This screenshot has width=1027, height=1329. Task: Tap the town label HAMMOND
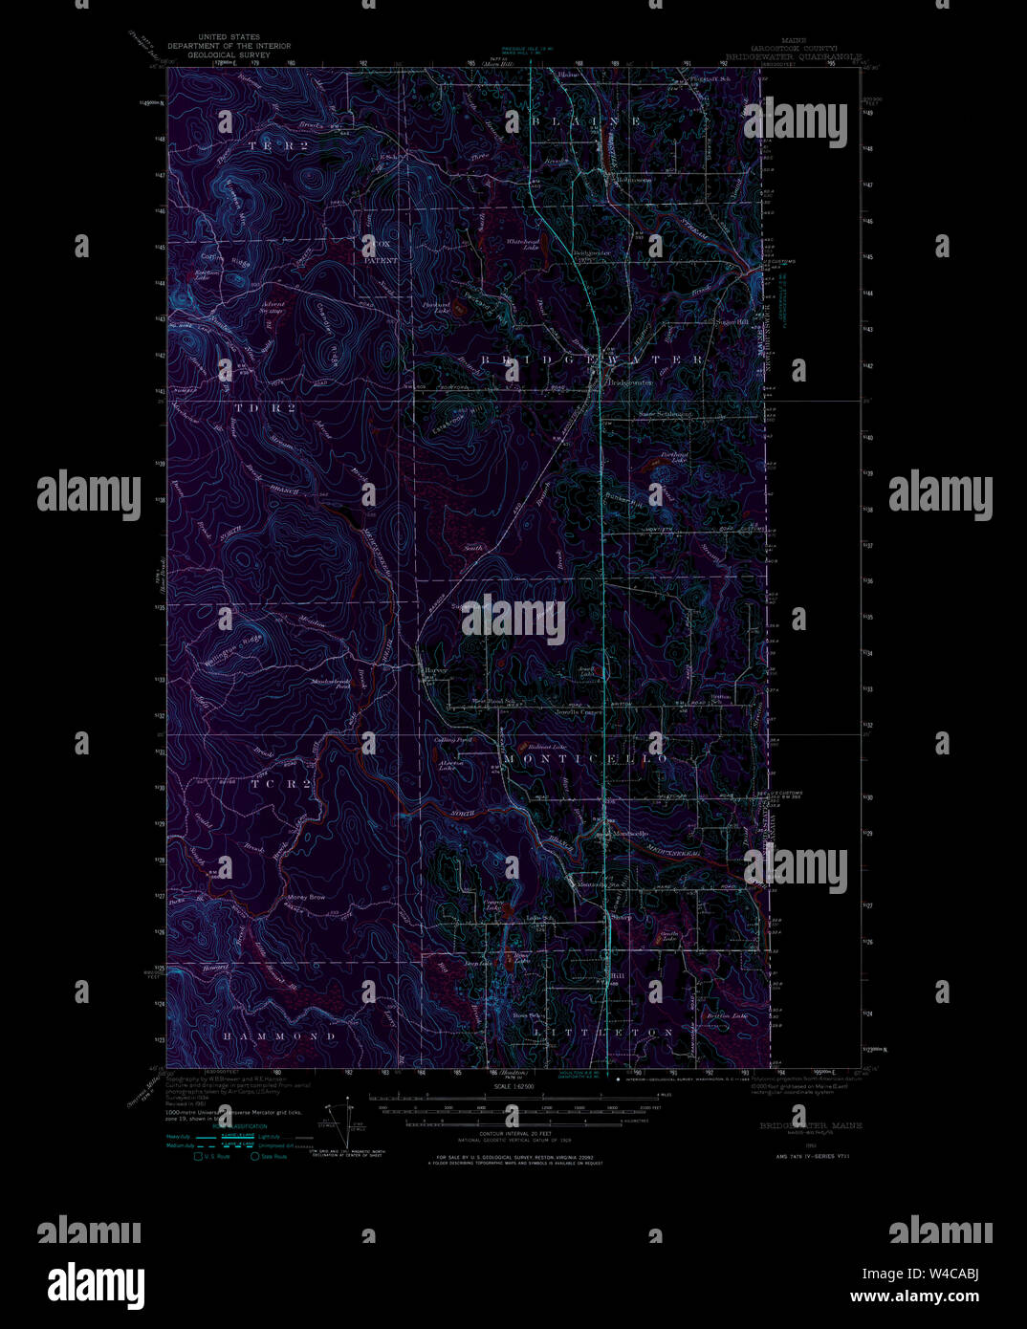point(280,1035)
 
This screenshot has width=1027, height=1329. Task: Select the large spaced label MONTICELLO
point(584,758)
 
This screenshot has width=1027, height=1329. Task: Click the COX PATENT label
point(376,252)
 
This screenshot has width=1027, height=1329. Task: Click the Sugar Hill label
point(732,323)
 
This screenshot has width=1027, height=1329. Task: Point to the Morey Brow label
point(306,897)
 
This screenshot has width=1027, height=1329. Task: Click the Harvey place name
point(436,670)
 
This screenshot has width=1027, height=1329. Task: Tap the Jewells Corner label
point(579,712)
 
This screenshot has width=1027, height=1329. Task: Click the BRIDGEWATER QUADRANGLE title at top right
point(794,56)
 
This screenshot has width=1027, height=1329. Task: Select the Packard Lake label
point(436,307)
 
